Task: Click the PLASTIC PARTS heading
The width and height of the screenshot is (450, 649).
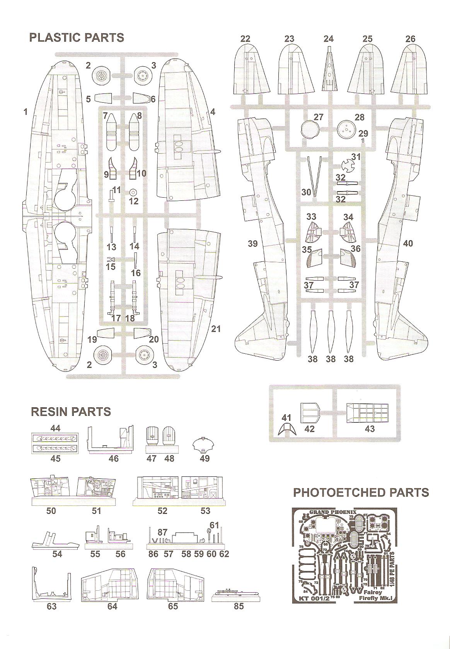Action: [x=77, y=38]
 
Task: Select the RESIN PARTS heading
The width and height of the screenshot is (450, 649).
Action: [x=71, y=412]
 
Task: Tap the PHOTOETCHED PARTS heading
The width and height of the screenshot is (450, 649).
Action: [x=361, y=492]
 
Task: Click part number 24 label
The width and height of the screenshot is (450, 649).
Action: [x=328, y=39]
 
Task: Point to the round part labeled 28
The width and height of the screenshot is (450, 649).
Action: [x=345, y=129]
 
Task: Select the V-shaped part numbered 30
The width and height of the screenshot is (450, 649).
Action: [x=315, y=175]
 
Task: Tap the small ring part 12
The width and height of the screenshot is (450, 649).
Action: [x=133, y=192]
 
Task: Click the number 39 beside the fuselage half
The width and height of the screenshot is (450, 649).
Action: [x=252, y=244]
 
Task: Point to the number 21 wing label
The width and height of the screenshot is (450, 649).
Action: [x=216, y=329]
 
